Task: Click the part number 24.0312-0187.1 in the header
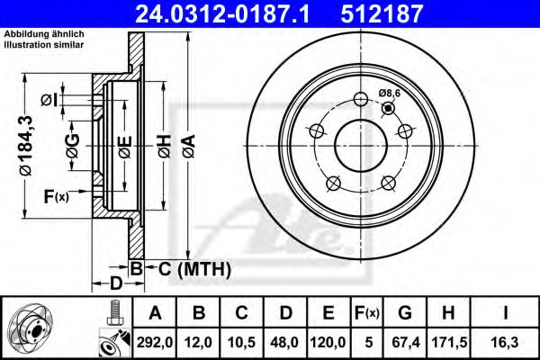[222, 14]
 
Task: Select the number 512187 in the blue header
[382, 14]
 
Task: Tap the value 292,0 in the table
[155, 342]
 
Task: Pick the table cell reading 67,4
[406, 342]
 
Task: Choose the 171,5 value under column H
[449, 342]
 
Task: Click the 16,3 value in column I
[505, 342]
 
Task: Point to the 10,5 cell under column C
[241, 342]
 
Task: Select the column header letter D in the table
[285, 313]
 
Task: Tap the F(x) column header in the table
[367, 313]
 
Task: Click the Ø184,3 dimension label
[25, 146]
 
